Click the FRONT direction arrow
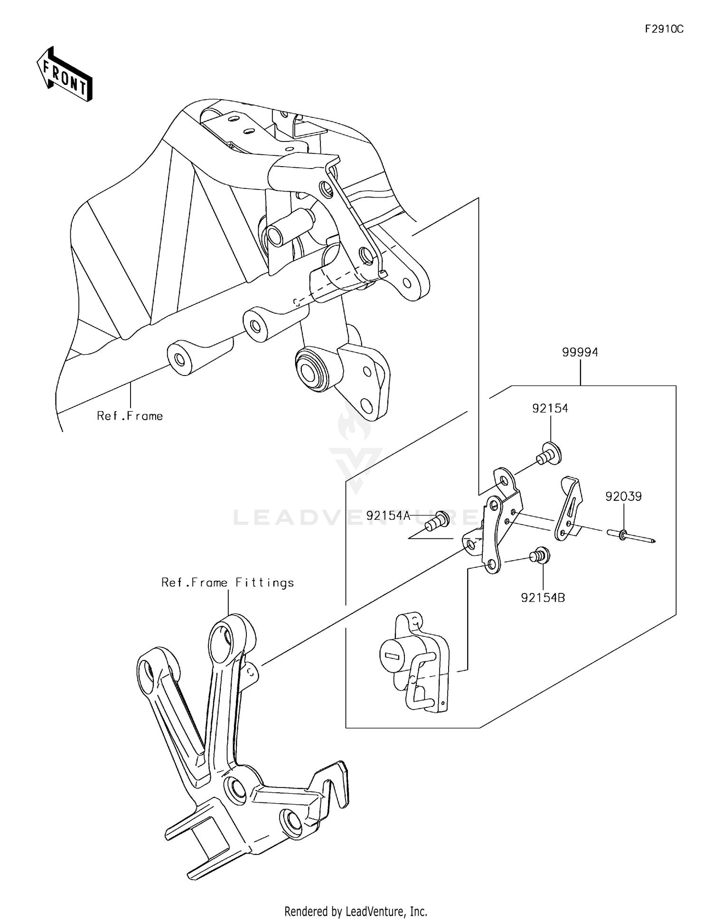click(65, 75)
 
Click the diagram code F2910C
click(664, 29)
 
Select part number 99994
click(580, 352)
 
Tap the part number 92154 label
click(550, 408)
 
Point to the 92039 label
click(623, 497)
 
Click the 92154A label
click(388, 516)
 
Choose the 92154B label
click(543, 598)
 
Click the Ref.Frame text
click(130, 416)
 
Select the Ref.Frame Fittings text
click(227, 583)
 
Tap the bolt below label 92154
click(549, 453)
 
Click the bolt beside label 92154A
click(438, 521)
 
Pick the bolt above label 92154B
click(541, 555)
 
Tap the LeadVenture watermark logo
click(356, 451)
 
